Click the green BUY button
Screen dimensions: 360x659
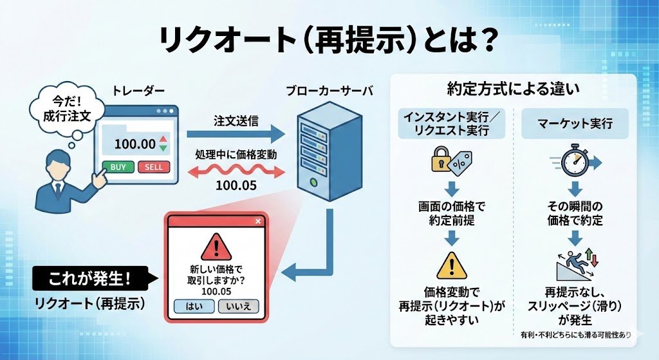point(118,167)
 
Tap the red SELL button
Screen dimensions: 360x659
point(154,167)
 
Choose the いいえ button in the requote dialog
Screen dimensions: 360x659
point(238,306)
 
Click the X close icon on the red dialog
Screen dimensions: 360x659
point(258,222)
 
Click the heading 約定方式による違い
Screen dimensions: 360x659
point(513,88)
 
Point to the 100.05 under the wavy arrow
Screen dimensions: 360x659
point(236,186)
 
